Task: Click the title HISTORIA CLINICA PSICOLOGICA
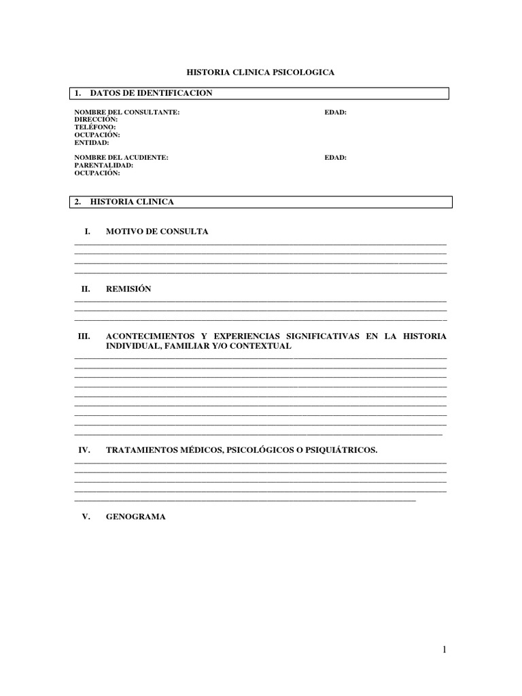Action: (260, 71)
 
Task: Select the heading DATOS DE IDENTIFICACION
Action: (151, 93)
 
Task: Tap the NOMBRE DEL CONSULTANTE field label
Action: (127, 112)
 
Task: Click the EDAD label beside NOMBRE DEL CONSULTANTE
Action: (336, 112)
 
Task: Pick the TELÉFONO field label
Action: (95, 127)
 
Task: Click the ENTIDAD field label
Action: (92, 143)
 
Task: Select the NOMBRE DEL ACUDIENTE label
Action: (121, 157)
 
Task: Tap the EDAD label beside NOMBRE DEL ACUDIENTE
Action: (336, 157)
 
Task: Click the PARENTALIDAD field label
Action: (103, 165)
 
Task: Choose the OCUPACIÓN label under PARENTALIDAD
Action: (97, 173)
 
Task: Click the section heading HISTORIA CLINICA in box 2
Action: (132, 202)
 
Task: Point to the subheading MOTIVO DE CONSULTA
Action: (157, 232)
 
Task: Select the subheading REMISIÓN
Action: (128, 289)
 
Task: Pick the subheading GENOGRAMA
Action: (136, 517)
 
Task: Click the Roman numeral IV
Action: (85, 450)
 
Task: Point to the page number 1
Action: (445, 650)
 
